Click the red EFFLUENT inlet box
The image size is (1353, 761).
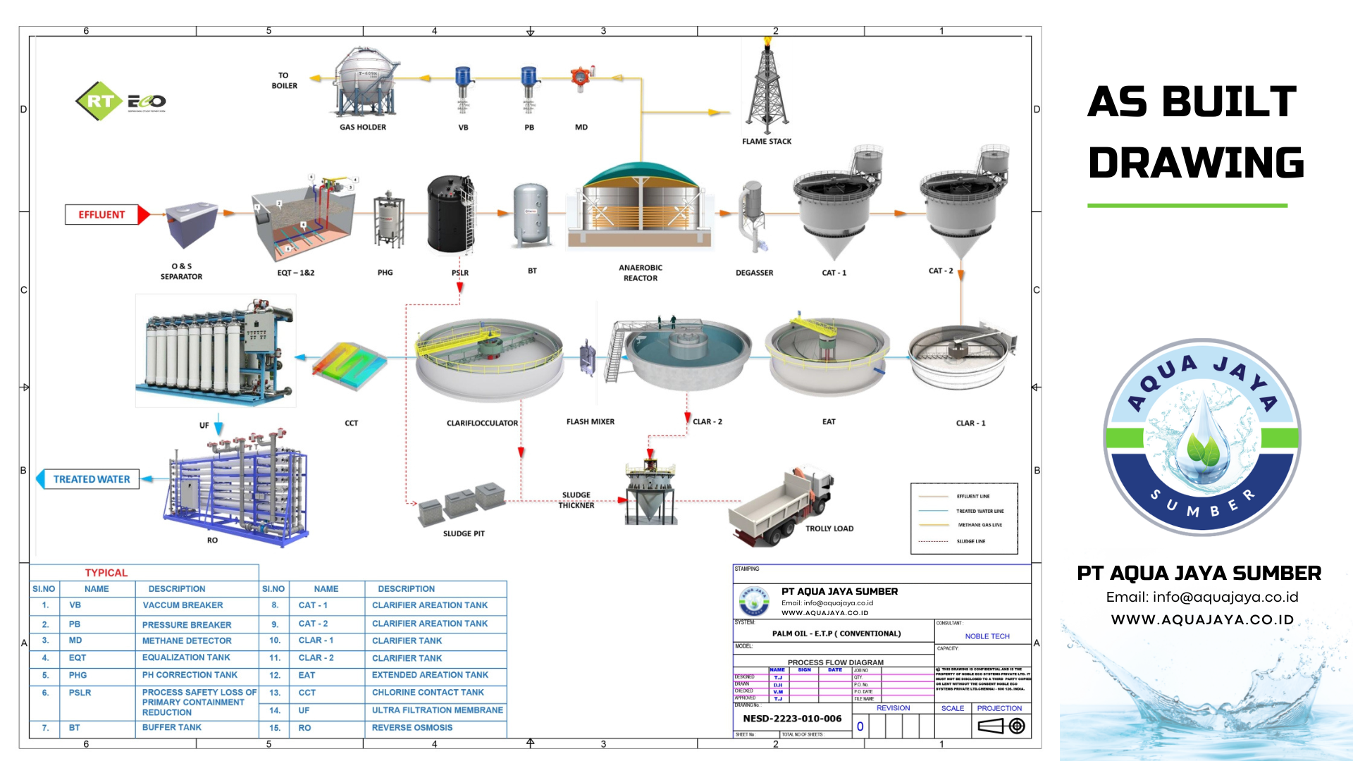[102, 214]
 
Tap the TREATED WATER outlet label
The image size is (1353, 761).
[92, 479]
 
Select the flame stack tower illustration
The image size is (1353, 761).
[767, 88]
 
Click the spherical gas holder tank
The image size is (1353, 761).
[366, 81]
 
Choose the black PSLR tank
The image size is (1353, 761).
[451, 215]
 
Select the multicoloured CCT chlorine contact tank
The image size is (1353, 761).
[350, 366]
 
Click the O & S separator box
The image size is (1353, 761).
[190, 224]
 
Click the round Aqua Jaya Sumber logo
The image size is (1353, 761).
[1202, 438]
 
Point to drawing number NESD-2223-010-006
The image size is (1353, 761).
[792, 719]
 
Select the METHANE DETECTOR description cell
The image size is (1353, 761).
[187, 641]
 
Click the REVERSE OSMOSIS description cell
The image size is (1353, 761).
[412, 728]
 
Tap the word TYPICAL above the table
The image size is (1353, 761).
[106, 573]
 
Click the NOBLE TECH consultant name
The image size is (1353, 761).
[987, 636]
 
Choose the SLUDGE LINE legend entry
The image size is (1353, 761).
[970, 541]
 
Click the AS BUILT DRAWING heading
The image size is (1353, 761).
[1194, 132]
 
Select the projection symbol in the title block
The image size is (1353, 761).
[1001, 726]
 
